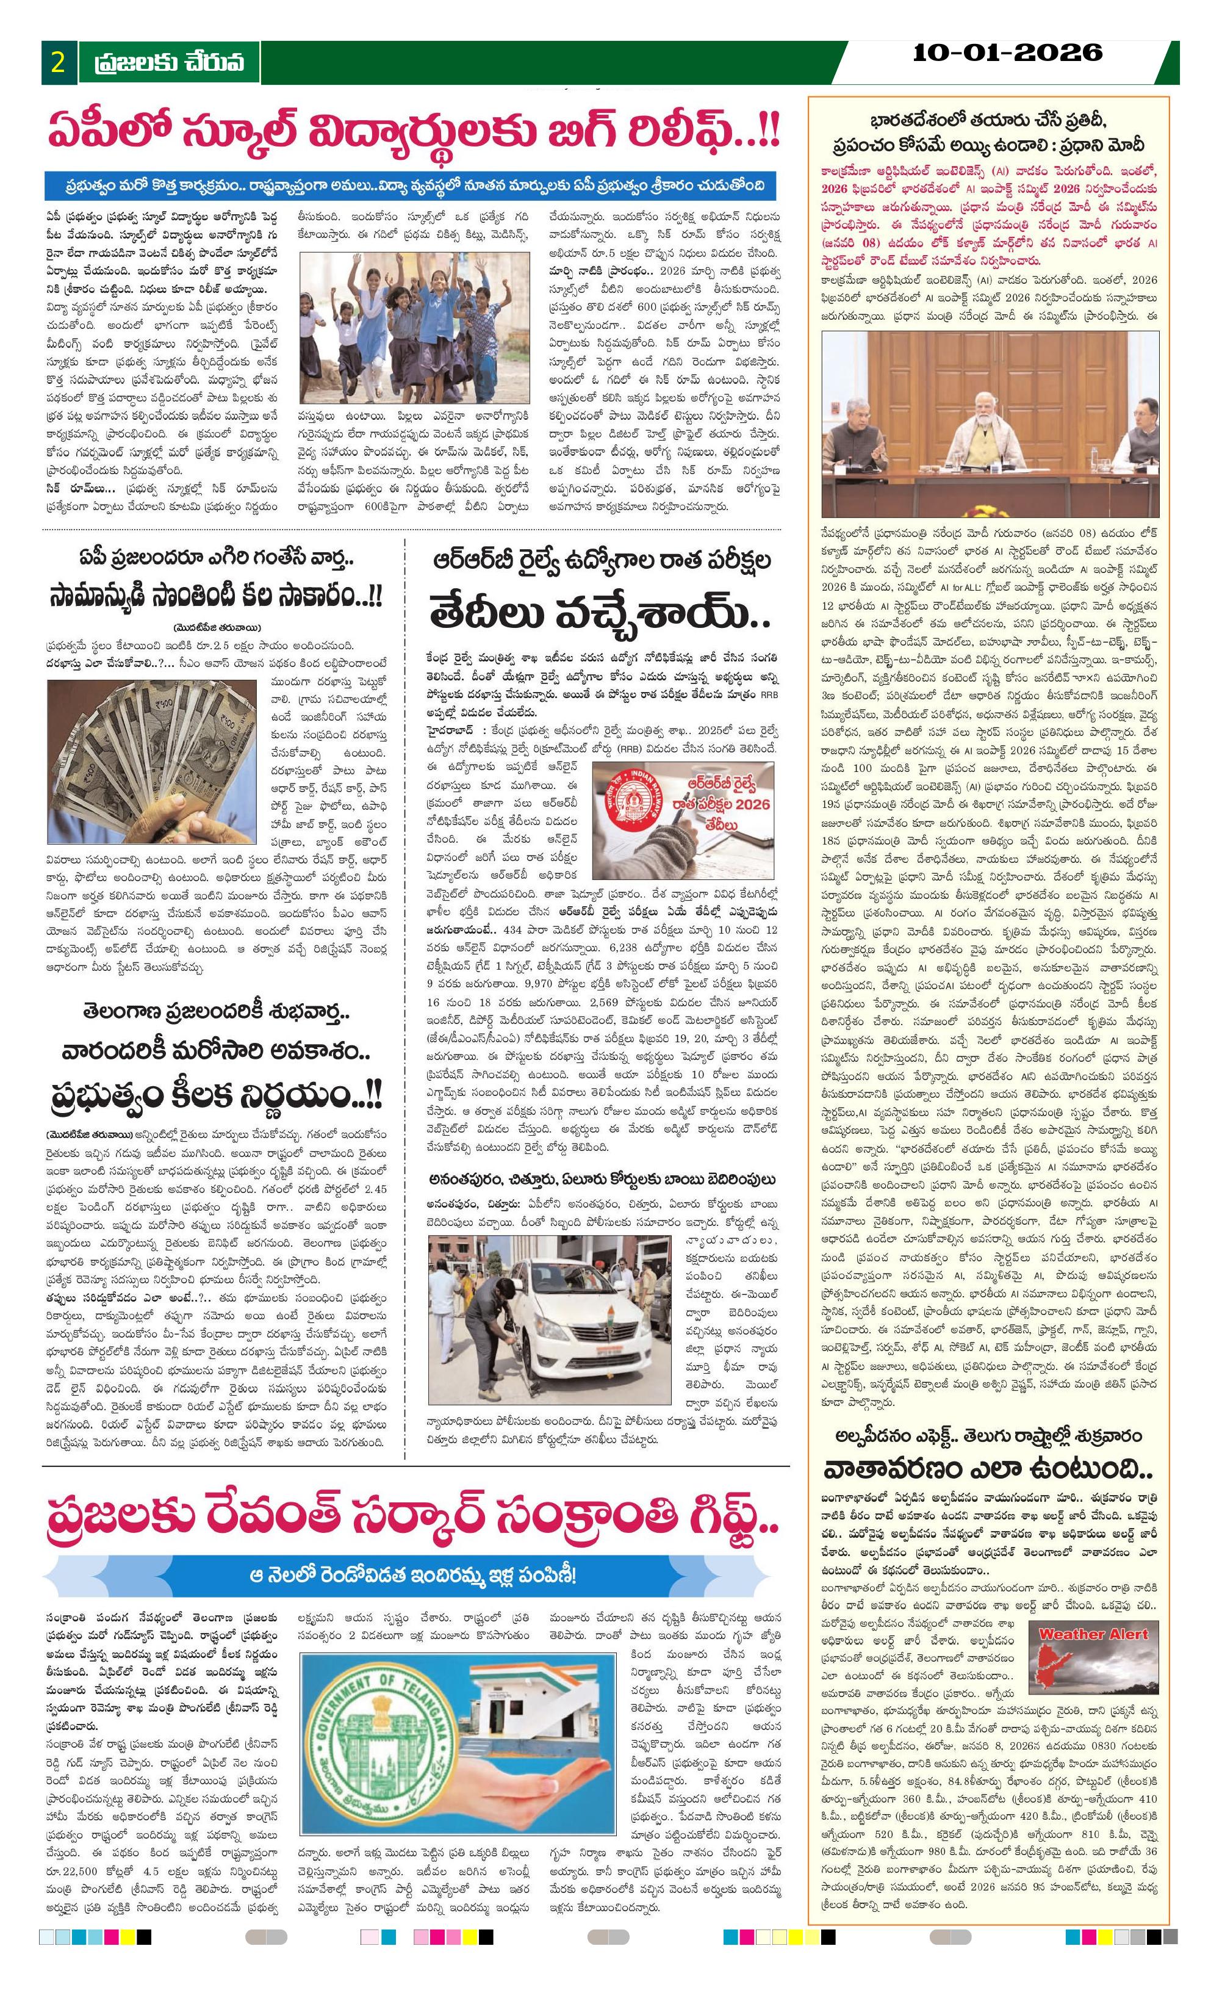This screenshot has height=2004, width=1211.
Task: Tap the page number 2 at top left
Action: pyautogui.click(x=58, y=63)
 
